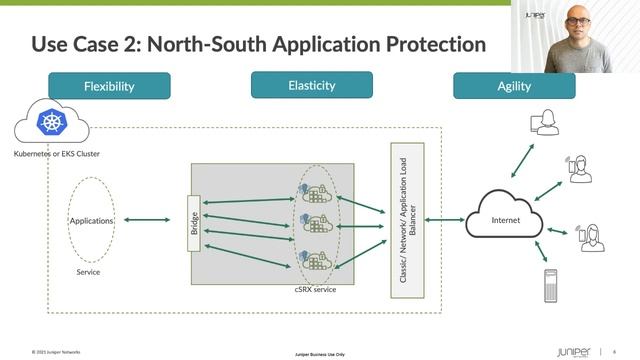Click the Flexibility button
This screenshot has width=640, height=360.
click(x=109, y=86)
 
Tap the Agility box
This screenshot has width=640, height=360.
click(x=514, y=86)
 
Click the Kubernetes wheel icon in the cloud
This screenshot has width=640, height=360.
click(x=50, y=123)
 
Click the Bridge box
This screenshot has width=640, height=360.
click(x=195, y=223)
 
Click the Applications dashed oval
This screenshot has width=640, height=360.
click(x=91, y=220)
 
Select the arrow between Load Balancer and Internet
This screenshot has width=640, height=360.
click(x=444, y=218)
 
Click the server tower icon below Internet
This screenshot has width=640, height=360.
click(x=549, y=287)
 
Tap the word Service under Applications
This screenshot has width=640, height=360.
click(x=89, y=272)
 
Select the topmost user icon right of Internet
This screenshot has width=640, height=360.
click(x=545, y=123)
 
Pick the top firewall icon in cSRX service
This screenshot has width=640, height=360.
click(x=314, y=192)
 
